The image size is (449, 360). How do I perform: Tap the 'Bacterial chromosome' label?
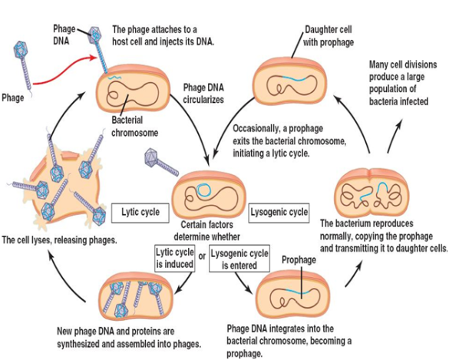pos(137,126)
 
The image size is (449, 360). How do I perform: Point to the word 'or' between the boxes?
pos(202,256)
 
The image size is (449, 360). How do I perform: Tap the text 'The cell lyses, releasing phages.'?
pos(60,240)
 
